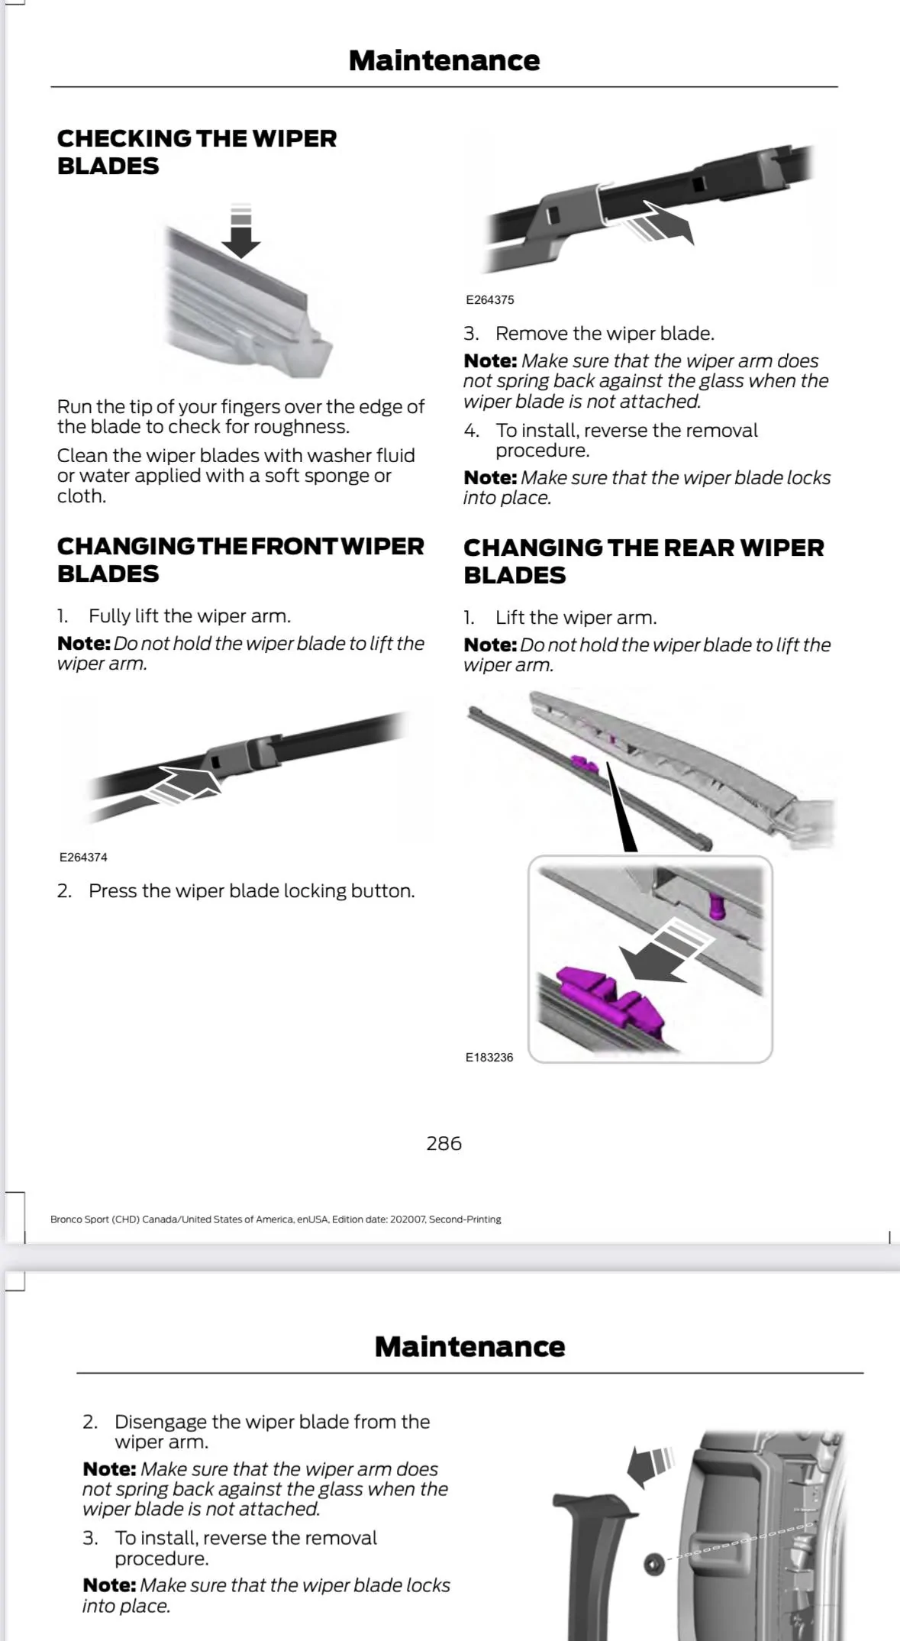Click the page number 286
coord(444,1143)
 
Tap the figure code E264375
coord(489,300)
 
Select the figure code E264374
coord(83,858)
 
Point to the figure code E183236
coord(489,1058)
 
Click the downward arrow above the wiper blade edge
coord(240,233)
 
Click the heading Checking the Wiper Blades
coord(196,152)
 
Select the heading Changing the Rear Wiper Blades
coord(643,561)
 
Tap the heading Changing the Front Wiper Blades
coord(240,560)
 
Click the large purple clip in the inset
coord(611,999)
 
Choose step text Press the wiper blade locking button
coord(251,891)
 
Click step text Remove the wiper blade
coord(604,334)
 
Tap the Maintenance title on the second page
coord(469,1347)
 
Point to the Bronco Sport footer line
coord(276,1219)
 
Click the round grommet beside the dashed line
coord(653,1564)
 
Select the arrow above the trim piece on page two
coord(650,1465)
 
